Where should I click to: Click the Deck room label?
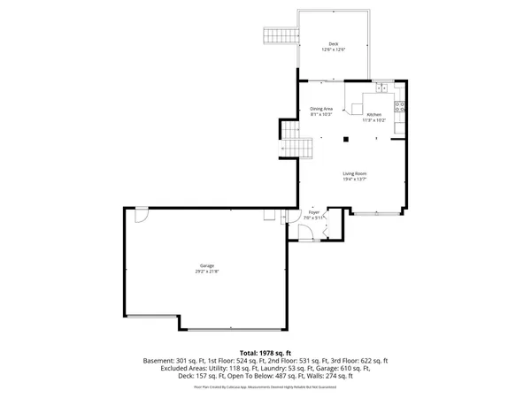tap(334, 43)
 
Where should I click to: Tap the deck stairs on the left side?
tap(274, 37)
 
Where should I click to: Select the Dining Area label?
tap(320, 109)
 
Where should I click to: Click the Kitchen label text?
tap(373, 115)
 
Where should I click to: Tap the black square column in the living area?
tap(347, 138)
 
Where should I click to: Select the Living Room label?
tap(355, 173)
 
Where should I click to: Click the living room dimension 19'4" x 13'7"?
tap(355, 180)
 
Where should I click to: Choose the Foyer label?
tap(313, 212)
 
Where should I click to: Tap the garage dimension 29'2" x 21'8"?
tap(206, 272)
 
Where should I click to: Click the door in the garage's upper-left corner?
tap(141, 215)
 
